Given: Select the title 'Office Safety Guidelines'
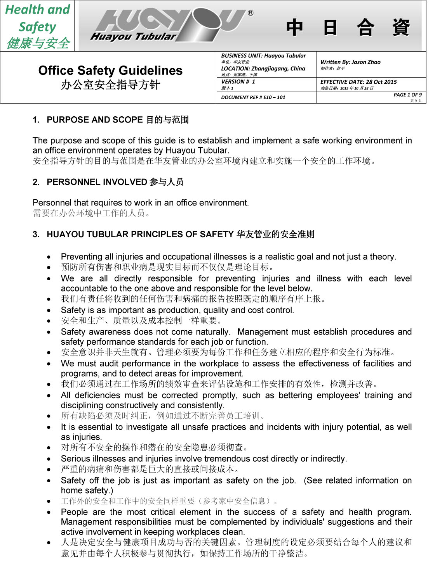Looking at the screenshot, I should (110, 71).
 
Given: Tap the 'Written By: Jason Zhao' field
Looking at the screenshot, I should (350, 62).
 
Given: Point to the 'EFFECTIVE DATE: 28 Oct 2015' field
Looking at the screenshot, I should (358, 82).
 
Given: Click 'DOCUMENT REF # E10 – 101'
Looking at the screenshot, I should (253, 97).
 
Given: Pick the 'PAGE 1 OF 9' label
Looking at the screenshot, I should (407, 95).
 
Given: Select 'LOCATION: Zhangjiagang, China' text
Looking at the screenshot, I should (263, 69).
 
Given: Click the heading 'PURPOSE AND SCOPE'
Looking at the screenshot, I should (95, 120).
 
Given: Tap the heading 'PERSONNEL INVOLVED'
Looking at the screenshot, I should (97, 182).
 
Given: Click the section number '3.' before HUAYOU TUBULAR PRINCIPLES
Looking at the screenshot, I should (36, 235).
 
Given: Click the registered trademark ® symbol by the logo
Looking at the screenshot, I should (251, 13).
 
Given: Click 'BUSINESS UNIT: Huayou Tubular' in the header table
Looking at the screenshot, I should (263, 56).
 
